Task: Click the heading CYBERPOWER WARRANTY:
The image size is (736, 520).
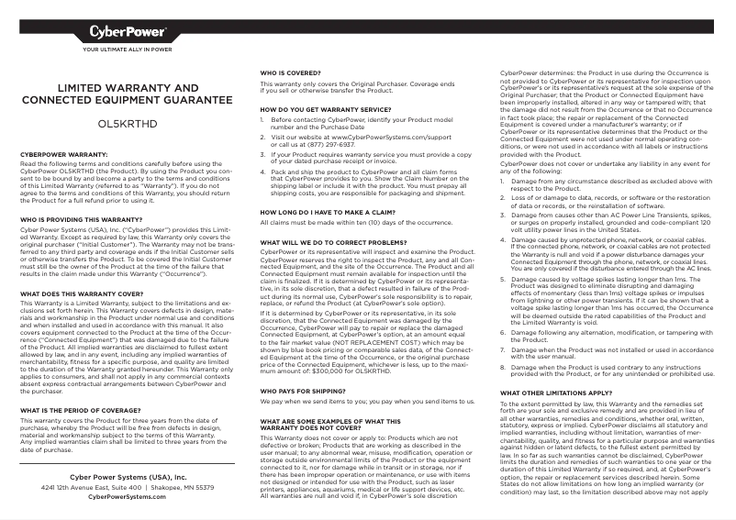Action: point(64,155)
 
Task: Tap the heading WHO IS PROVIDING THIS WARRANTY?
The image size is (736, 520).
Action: point(81,220)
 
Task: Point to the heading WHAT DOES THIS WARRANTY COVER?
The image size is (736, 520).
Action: point(81,293)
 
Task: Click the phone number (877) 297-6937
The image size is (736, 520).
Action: point(332,144)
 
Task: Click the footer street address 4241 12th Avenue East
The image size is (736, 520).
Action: point(90,487)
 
